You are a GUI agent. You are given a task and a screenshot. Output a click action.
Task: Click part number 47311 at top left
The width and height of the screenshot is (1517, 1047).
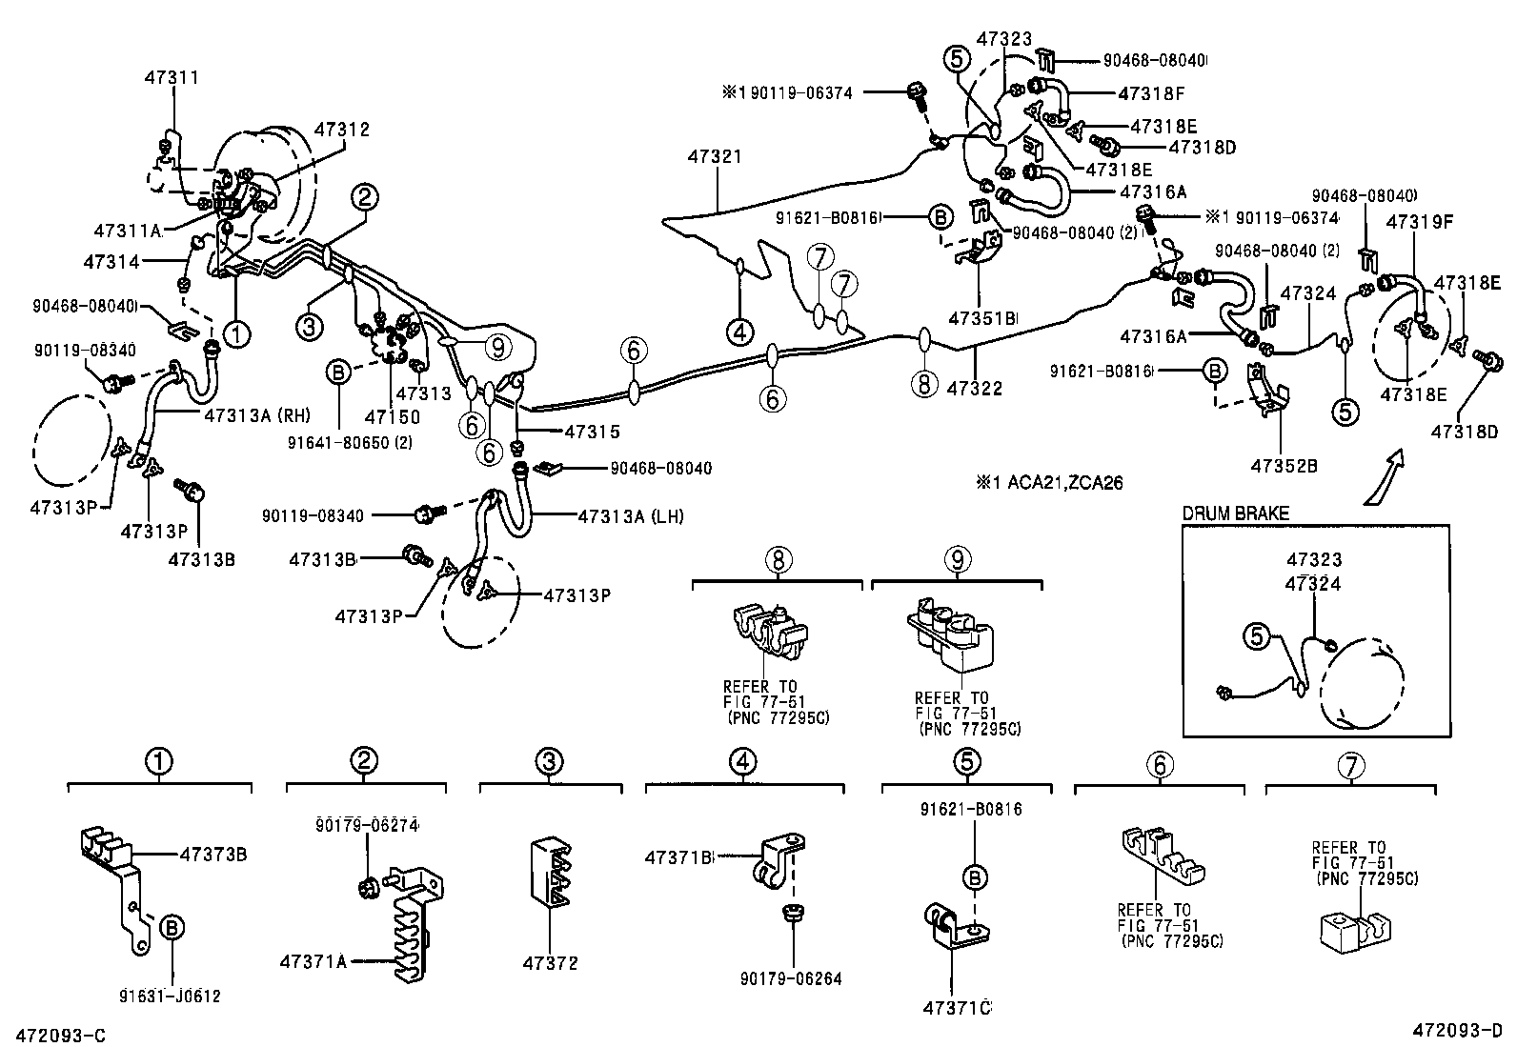click(172, 77)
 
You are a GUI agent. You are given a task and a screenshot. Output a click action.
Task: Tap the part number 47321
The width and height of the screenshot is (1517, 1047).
click(714, 156)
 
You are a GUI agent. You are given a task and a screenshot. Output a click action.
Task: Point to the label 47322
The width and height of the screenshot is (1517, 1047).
click(975, 388)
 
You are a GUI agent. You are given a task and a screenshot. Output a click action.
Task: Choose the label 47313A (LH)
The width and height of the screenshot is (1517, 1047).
click(630, 516)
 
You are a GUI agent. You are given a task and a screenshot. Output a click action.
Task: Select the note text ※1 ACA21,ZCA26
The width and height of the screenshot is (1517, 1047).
click(1048, 483)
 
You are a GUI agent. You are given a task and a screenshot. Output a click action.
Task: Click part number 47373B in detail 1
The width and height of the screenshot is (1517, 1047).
click(213, 855)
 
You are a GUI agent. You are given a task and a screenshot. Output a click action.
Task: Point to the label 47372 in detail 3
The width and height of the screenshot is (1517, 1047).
click(550, 964)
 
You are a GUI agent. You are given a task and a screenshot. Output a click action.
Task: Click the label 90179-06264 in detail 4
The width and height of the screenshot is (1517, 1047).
click(790, 978)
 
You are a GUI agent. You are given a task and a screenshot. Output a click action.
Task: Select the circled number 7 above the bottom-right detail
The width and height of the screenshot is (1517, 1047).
click(1350, 765)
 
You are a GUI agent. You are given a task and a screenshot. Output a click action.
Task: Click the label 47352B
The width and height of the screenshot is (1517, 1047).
click(1284, 466)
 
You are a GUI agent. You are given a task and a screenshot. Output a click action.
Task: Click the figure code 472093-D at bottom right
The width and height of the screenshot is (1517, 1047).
click(1456, 1031)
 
